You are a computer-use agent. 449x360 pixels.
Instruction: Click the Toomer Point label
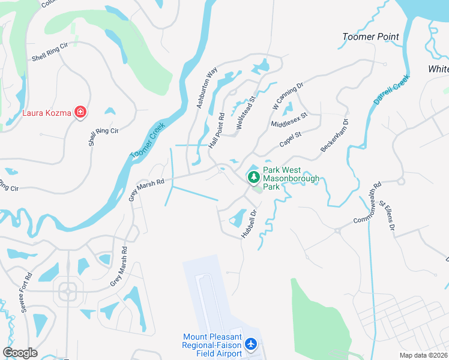(x=370, y=37)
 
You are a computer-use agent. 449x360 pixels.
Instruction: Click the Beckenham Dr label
(x=334, y=136)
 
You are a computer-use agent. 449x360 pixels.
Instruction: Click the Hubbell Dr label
(x=249, y=224)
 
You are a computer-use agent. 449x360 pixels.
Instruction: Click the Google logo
(x=20, y=353)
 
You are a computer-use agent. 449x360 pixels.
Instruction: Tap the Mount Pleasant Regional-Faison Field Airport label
(x=212, y=345)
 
